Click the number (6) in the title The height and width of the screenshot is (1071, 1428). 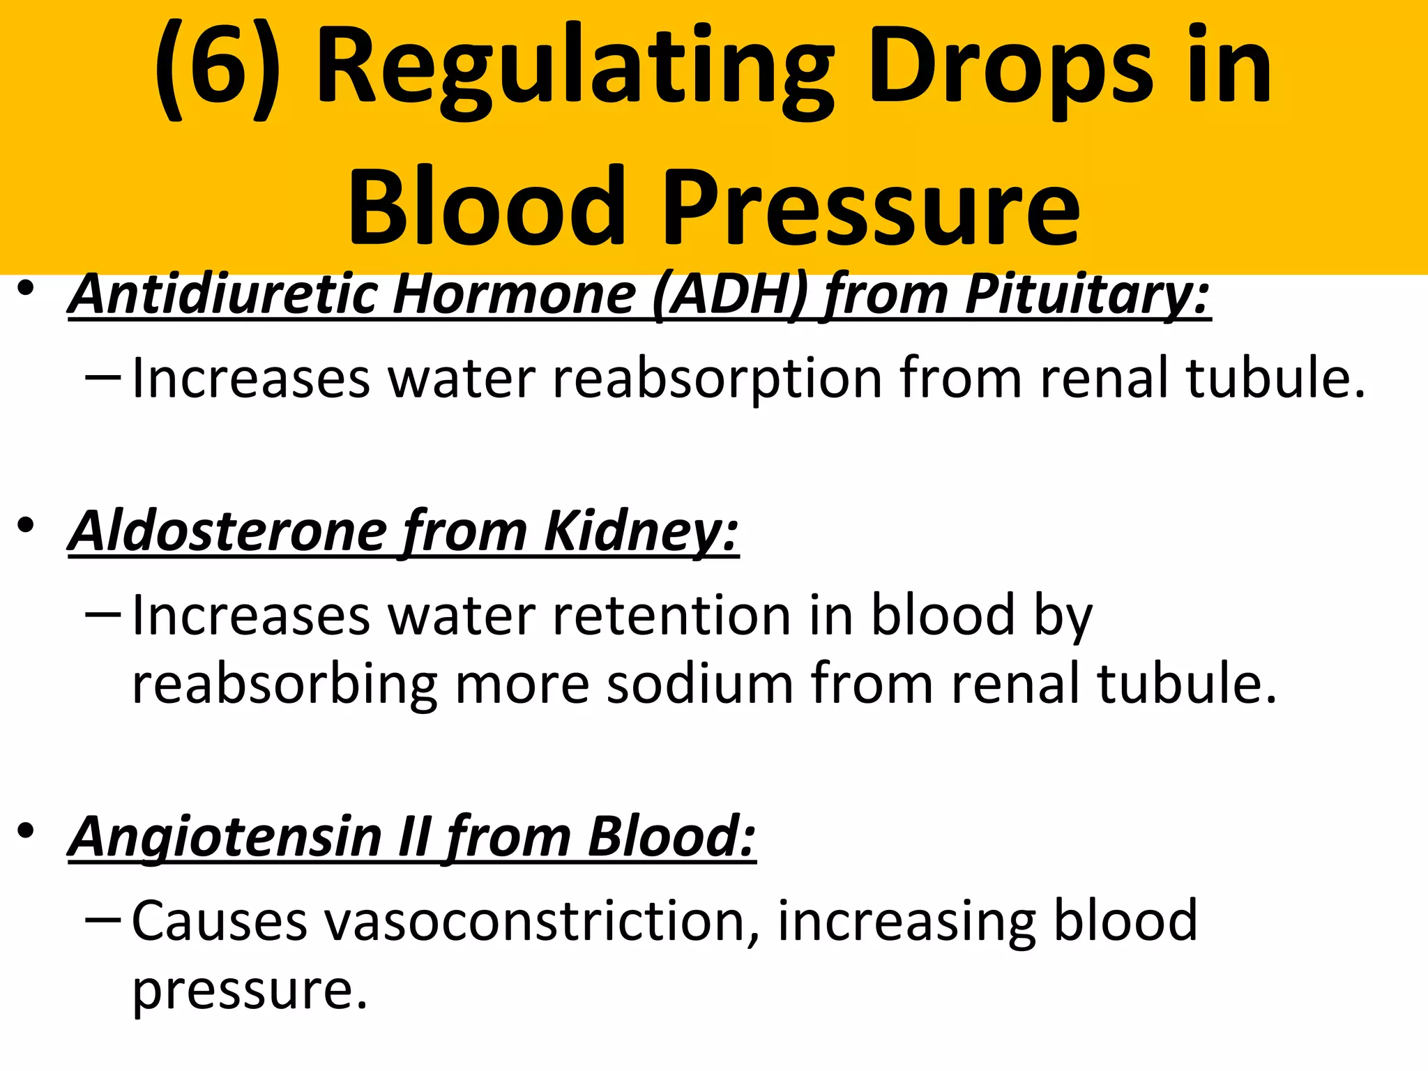(x=215, y=70)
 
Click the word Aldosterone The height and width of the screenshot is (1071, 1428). (x=227, y=531)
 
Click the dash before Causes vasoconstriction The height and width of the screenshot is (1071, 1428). (x=102, y=920)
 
